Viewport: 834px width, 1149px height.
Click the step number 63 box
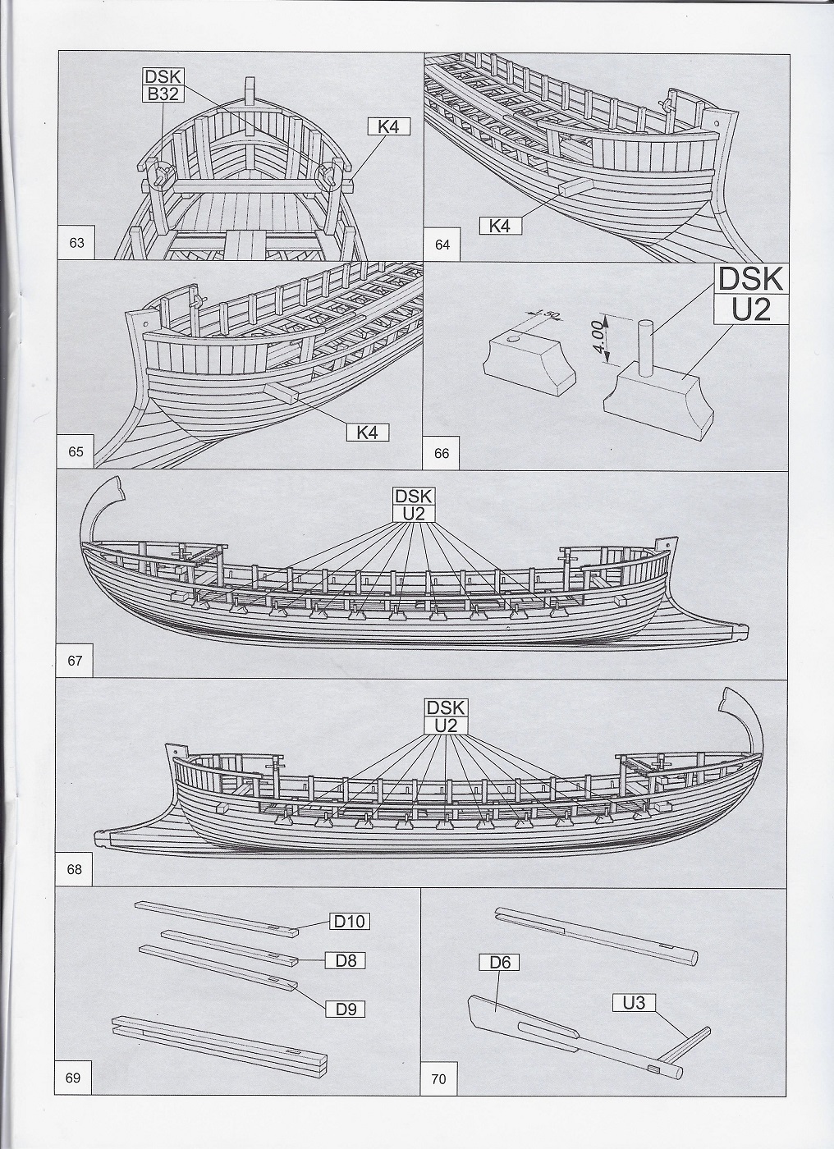click(77, 243)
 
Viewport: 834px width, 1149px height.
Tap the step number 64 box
click(443, 244)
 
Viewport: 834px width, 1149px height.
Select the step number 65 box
click(76, 452)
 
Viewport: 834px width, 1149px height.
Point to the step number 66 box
click(442, 452)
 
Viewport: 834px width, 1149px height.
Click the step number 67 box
click(76, 661)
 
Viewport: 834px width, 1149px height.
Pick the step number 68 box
click(75, 869)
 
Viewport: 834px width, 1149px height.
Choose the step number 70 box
click(438, 1079)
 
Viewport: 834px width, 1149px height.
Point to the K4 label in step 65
click(367, 432)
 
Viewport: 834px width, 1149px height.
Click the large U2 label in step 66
click(751, 311)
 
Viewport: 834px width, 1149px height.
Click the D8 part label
click(346, 959)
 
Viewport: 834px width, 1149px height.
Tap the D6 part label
click(500, 962)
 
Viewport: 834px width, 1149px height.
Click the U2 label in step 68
click(446, 726)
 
